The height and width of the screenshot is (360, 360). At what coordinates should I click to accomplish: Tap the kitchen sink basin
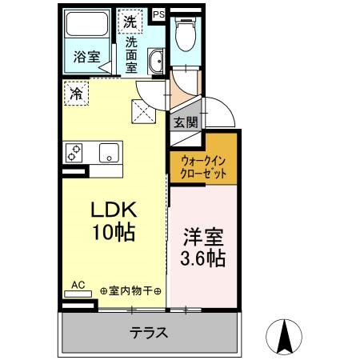(x=107, y=151)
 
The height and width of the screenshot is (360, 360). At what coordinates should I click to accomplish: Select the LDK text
(x=114, y=210)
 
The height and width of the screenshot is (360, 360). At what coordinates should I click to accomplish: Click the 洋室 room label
(x=202, y=238)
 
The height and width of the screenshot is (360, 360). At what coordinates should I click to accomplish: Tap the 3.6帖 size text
(x=202, y=258)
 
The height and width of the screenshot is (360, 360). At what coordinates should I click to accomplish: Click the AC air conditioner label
(x=78, y=284)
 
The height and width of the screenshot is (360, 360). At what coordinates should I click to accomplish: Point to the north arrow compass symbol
(x=283, y=336)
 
